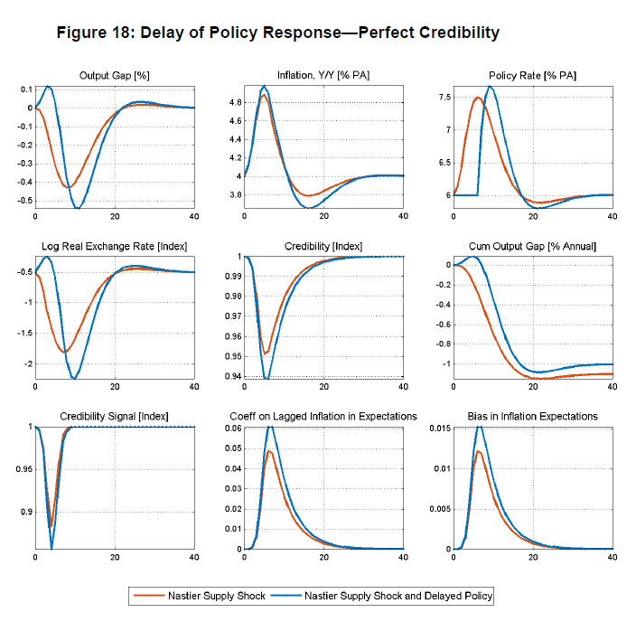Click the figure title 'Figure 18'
277,33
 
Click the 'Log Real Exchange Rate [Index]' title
115,245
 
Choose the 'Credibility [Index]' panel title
323,245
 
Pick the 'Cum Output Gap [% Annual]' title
532,245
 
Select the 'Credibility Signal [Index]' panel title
115,416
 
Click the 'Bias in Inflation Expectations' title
532,416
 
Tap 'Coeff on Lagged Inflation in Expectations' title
323,416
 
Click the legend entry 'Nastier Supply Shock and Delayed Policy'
398,596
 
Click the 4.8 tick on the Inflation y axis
234,102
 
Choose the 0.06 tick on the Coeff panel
231,427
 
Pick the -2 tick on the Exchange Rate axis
24,363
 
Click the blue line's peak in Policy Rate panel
490,87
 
